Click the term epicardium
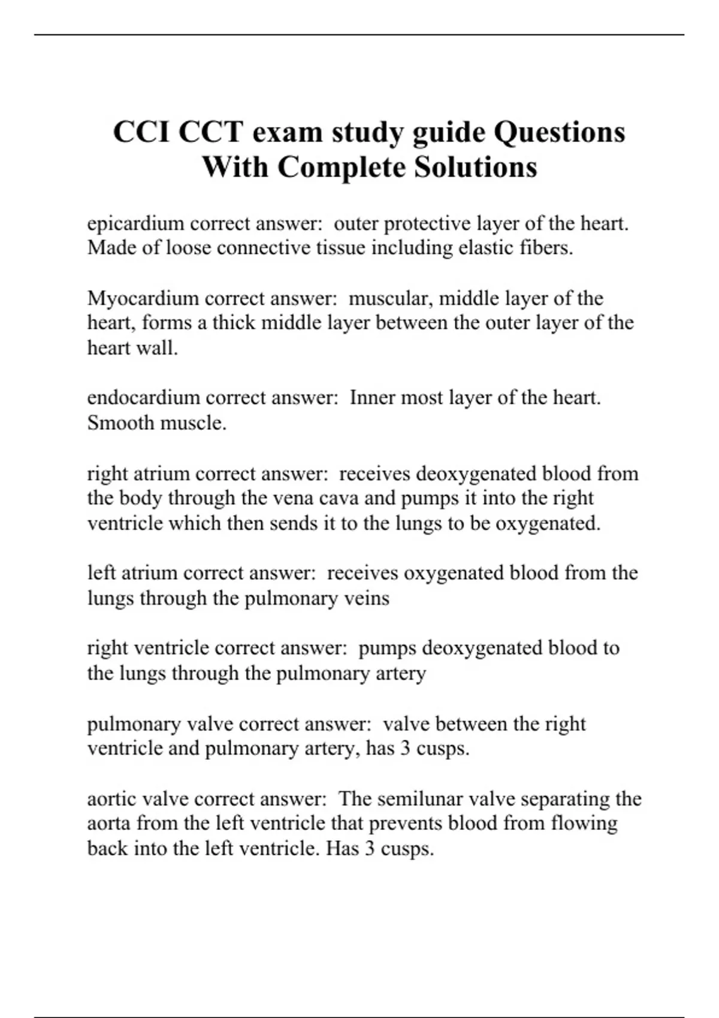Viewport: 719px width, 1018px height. click(x=135, y=224)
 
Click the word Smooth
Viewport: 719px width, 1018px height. click(x=121, y=423)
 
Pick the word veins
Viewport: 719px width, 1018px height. click(x=366, y=598)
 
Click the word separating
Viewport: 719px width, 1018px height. click(x=569, y=799)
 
